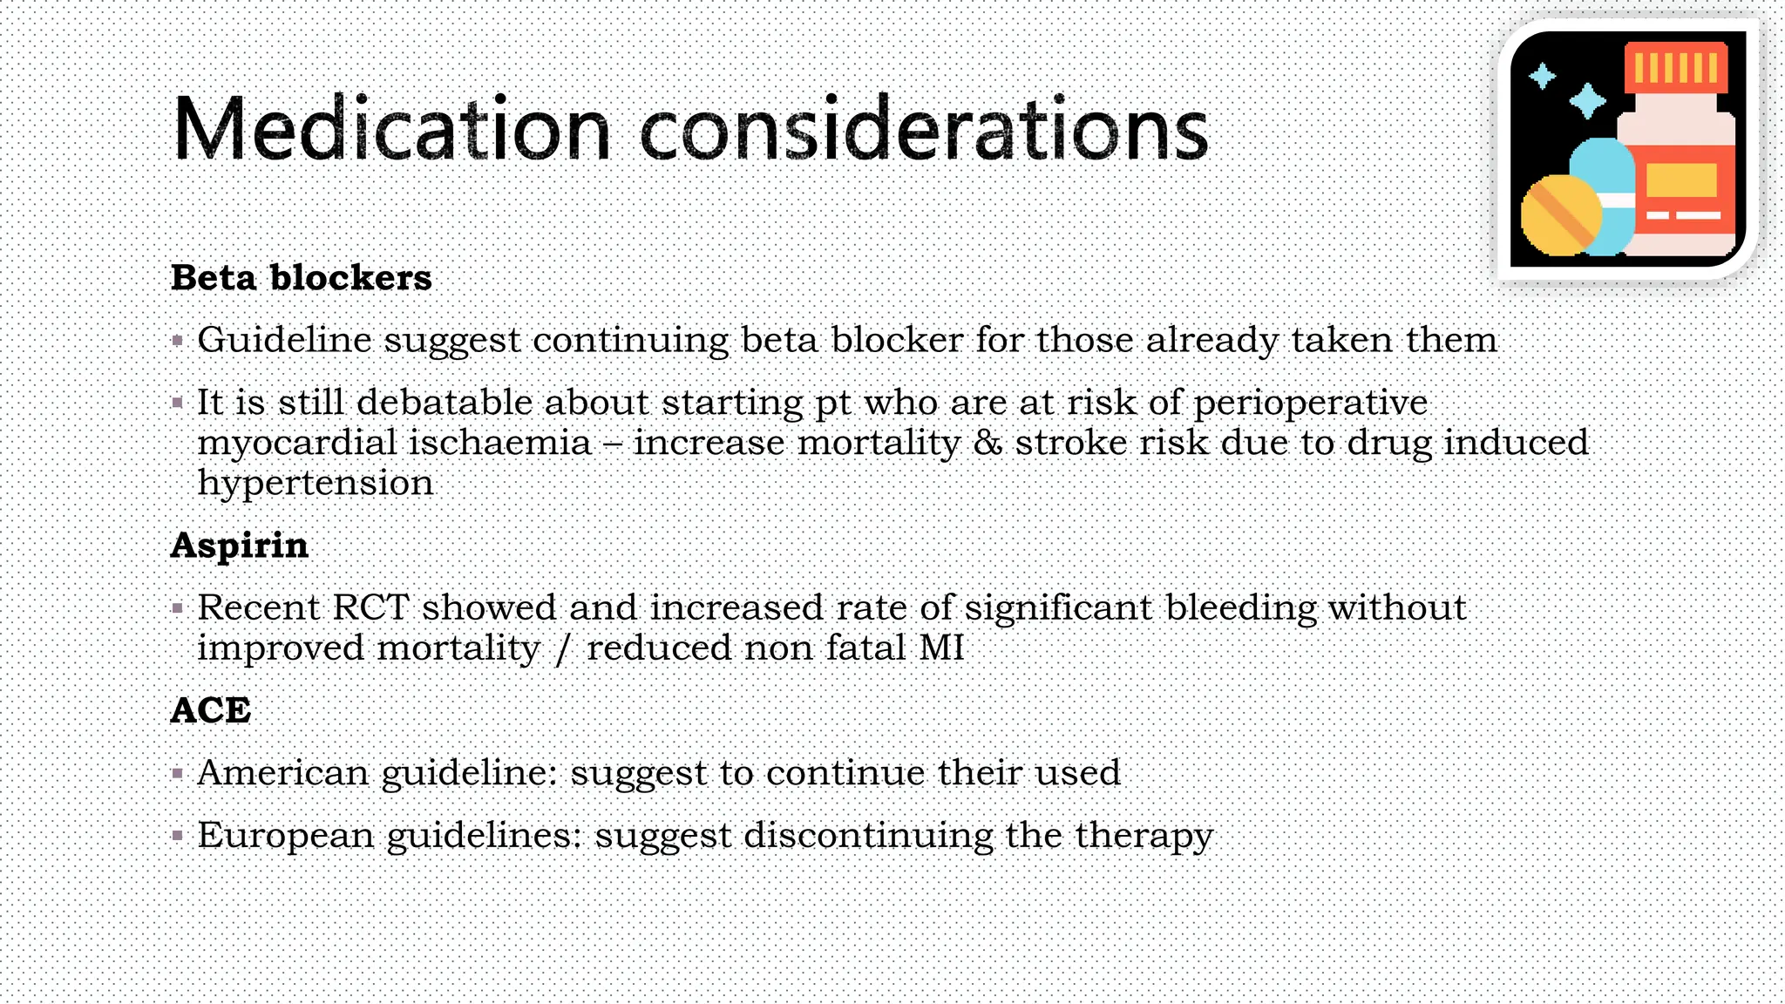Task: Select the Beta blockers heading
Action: [x=301, y=278]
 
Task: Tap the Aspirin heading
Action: [x=239, y=546]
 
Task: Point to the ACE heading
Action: [x=210, y=710]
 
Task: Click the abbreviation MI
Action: [x=941, y=648]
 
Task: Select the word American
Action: [x=283, y=773]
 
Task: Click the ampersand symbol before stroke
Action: [x=988, y=443]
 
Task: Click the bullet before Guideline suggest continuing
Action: [x=178, y=341]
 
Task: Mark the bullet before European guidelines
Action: [x=178, y=837]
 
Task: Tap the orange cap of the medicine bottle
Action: [x=1676, y=67]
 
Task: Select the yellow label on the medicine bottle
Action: [x=1681, y=181]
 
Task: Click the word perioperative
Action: [x=1310, y=404]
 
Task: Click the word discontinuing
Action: [x=868, y=836]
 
